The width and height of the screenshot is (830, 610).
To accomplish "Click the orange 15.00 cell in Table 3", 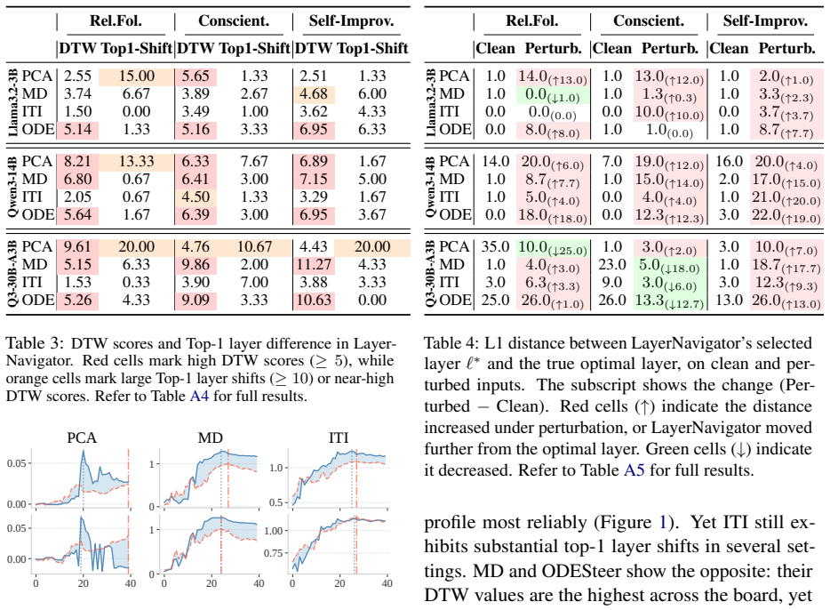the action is tap(137, 76).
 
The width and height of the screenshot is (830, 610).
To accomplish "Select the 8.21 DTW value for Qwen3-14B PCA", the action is tap(77, 162).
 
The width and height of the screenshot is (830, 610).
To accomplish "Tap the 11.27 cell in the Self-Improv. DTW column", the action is tap(314, 265).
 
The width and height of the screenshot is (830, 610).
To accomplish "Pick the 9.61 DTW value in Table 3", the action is tap(77, 247).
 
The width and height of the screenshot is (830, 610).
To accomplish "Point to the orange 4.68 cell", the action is tap(314, 94).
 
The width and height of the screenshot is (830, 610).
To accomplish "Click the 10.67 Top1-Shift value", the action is tap(254, 247).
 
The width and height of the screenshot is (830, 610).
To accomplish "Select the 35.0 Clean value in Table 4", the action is tap(495, 247).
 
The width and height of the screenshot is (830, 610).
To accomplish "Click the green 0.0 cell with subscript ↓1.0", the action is tap(552, 95).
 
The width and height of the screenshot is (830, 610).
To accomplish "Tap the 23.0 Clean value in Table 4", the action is tap(612, 265).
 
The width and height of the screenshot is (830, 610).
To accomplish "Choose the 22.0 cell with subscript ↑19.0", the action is tap(786, 215).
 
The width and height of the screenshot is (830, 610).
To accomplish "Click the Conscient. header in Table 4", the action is tap(649, 21).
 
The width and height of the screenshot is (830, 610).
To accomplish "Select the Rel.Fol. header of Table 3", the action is tap(116, 21).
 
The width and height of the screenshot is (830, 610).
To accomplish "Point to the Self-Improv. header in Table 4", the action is tap(765, 21).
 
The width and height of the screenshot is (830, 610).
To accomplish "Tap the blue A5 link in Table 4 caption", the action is tap(634, 470).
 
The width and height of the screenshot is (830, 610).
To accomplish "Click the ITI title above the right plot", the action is tap(339, 437).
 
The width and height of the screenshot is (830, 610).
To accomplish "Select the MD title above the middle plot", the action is tap(210, 437).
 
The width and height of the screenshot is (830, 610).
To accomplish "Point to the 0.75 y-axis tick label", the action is tap(273, 553).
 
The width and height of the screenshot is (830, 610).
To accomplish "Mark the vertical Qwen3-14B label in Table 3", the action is tap(12, 188).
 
